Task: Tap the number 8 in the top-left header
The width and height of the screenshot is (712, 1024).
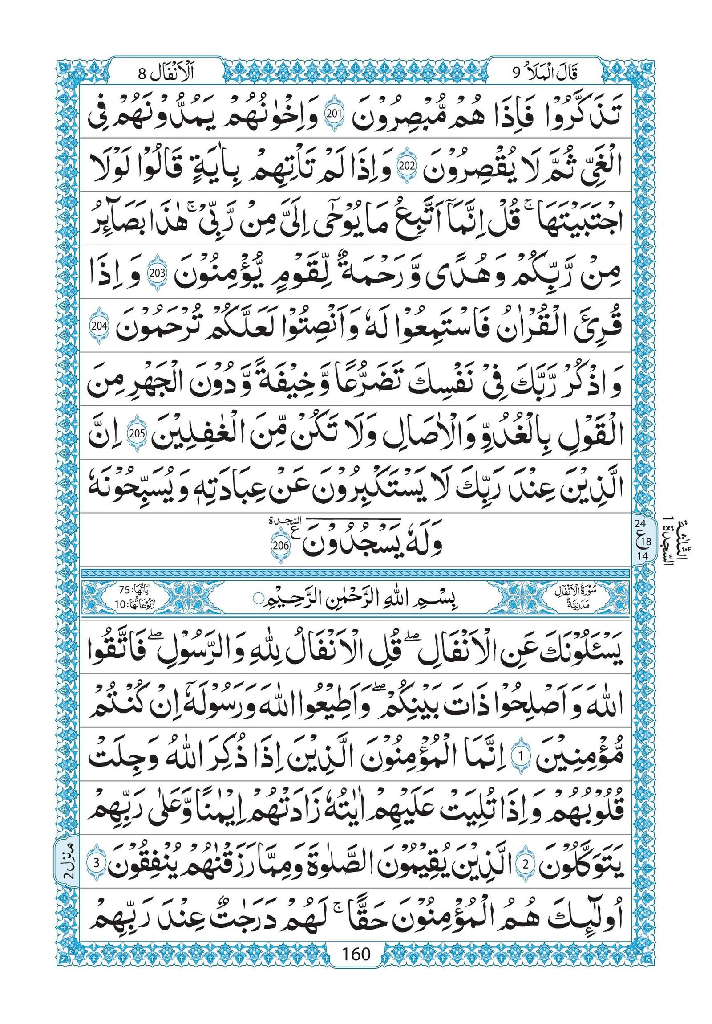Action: pyautogui.click(x=142, y=73)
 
